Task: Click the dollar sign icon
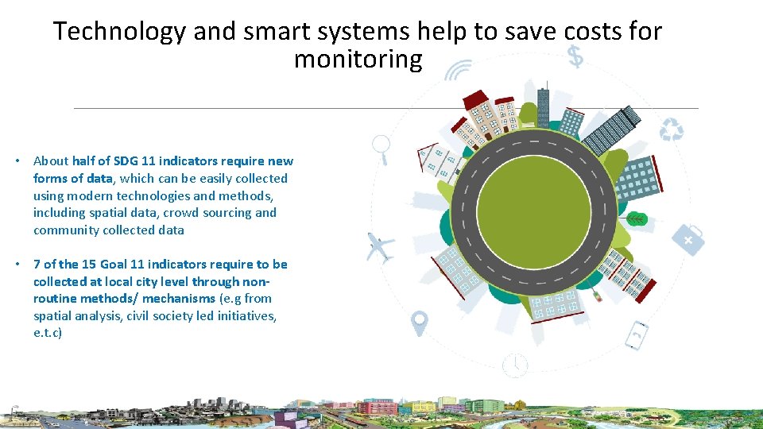(575, 56)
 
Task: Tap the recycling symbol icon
(672, 129)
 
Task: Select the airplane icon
(380, 247)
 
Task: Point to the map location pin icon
(419, 323)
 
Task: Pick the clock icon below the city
(515, 365)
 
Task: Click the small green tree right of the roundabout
(636, 218)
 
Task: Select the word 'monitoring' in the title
(358, 60)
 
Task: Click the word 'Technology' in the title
(120, 32)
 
